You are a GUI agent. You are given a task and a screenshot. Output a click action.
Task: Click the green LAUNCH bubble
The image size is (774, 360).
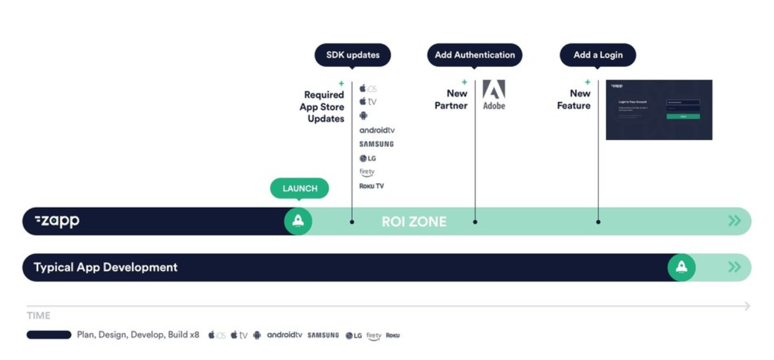tap(299, 189)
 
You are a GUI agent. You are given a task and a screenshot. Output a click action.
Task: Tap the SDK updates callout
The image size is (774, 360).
tap(352, 55)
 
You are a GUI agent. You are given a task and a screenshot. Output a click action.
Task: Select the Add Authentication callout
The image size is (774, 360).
tap(474, 55)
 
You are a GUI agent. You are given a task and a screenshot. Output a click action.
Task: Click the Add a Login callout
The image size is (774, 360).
tap(598, 55)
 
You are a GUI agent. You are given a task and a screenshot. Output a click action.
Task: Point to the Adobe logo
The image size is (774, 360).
tap(494, 94)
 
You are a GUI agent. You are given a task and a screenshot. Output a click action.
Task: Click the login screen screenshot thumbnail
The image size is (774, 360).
tap(659, 109)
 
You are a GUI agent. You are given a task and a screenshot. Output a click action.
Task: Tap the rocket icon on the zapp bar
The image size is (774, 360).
tap(298, 221)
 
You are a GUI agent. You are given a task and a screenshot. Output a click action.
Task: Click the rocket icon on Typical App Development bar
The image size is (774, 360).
tap(681, 267)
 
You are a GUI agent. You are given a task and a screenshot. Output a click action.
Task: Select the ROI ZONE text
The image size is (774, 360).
tap(414, 222)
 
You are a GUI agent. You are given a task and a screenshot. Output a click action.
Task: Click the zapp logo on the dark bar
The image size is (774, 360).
tap(57, 221)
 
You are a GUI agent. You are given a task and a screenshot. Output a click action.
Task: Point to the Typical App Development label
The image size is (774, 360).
tap(105, 267)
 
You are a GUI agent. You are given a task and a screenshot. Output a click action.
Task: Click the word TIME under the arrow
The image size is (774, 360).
tap(39, 316)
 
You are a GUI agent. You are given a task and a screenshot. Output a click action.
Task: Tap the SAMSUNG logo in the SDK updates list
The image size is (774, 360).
tap(376, 144)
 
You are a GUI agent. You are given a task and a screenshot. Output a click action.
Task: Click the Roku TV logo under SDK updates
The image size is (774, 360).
tap(372, 186)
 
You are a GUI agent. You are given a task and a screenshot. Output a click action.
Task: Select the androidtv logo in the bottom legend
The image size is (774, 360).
tap(284, 335)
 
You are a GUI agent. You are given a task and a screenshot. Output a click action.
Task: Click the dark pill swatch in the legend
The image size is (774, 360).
tap(49, 335)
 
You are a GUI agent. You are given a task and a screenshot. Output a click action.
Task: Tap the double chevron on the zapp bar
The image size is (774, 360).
tap(734, 221)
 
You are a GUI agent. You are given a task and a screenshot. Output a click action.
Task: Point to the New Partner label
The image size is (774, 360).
tap(451, 99)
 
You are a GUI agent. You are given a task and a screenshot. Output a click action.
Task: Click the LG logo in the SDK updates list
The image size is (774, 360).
tap(368, 158)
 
